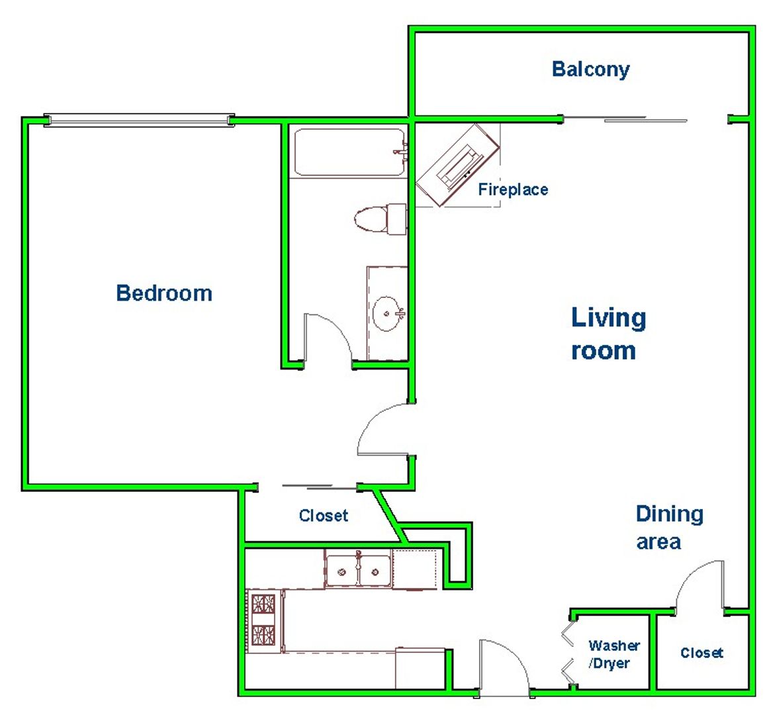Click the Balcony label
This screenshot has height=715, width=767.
(x=590, y=69)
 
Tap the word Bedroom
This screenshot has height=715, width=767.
(x=164, y=293)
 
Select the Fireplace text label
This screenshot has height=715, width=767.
(x=513, y=189)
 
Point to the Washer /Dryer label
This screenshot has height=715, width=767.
(x=614, y=654)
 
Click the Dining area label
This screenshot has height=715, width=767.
(x=670, y=528)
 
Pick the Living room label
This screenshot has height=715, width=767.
(x=609, y=334)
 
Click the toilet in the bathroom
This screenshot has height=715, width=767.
(x=380, y=218)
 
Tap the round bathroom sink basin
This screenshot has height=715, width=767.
(x=387, y=313)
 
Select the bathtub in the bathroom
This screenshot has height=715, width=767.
(x=349, y=152)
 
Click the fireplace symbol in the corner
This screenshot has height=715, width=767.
(x=458, y=166)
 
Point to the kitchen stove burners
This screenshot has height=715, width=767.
(x=263, y=620)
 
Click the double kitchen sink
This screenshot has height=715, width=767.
(x=358, y=569)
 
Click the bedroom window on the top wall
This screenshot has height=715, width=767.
(x=139, y=120)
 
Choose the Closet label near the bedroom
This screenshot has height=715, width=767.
(x=324, y=515)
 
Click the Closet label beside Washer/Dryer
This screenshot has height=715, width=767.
(x=702, y=652)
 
